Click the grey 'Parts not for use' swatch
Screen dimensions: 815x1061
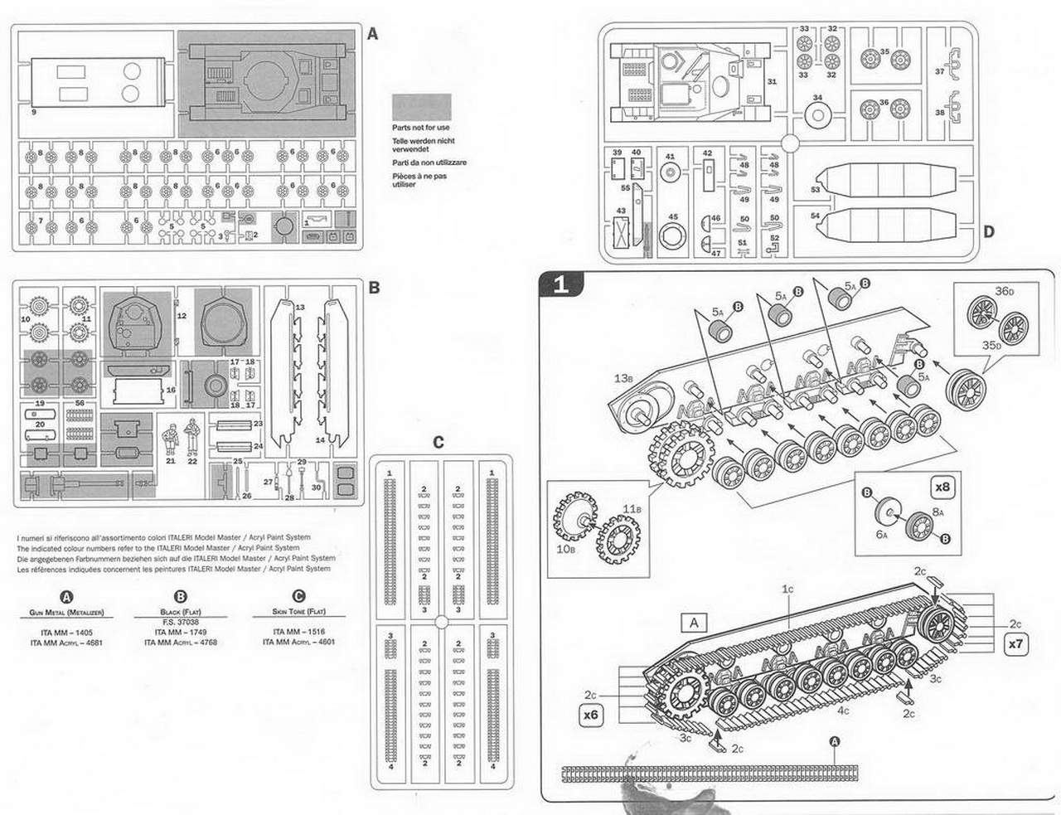point(421,107)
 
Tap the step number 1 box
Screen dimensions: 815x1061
point(561,284)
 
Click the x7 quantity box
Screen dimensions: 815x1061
point(1015,643)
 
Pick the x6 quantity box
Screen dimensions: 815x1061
point(591,714)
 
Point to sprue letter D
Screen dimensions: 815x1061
point(988,231)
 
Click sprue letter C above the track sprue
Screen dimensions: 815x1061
point(438,441)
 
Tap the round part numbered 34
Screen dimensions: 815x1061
point(817,114)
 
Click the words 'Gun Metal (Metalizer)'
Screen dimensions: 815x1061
point(66,612)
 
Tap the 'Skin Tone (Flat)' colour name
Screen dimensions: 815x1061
point(298,612)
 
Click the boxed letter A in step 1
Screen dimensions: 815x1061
point(694,623)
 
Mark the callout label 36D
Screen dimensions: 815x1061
point(1005,291)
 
